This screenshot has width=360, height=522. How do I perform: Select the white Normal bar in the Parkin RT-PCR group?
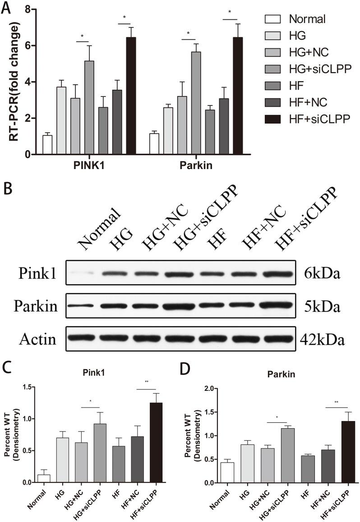(154, 144)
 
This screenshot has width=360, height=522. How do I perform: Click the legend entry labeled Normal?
(307, 19)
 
